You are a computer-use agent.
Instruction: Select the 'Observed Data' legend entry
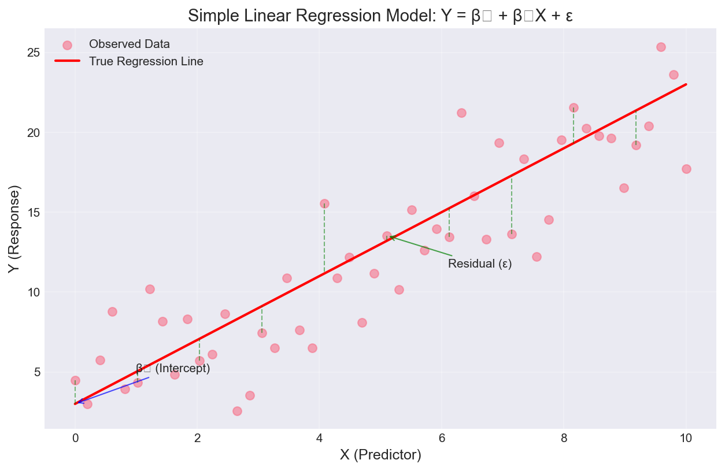click(129, 44)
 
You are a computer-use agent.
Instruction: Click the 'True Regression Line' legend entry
click(146, 61)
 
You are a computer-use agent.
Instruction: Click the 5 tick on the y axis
click(36, 372)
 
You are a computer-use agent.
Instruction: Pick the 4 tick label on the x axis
click(320, 437)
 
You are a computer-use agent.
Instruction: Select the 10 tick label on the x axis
click(686, 437)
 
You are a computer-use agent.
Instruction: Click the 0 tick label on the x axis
click(75, 437)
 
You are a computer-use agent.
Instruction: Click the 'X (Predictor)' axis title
click(380, 455)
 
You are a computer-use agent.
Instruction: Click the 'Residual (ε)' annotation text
click(480, 264)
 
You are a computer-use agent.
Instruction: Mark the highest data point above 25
click(661, 47)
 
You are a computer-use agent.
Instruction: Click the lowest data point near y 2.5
click(237, 411)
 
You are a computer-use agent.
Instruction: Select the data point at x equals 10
click(686, 169)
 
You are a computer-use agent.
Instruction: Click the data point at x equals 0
click(75, 380)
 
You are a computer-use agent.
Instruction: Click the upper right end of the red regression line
click(686, 84)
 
